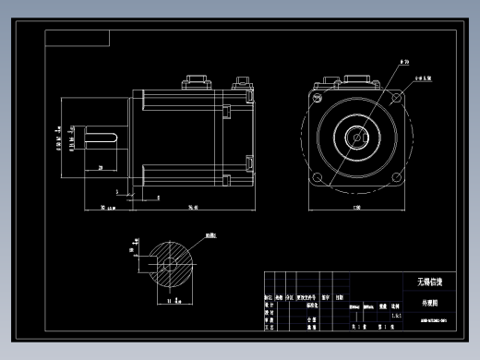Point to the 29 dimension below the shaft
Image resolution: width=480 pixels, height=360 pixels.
[x=100, y=168]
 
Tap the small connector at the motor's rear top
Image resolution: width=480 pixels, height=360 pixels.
[x=244, y=83]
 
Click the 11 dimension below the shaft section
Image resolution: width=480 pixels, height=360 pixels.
[x=163, y=300]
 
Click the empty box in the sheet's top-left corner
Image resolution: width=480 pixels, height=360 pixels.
[x=78, y=38]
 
